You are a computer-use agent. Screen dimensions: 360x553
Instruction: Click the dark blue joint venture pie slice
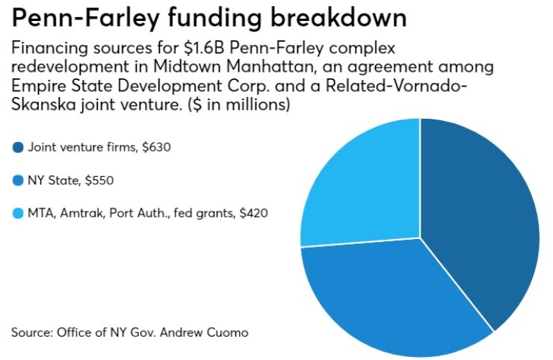tap(486, 217)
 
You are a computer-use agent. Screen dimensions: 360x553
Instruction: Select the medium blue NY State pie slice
tap(389, 299)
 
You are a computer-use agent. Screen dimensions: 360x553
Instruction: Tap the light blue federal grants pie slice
tap(359, 187)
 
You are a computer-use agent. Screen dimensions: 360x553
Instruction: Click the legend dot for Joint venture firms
tap(17, 147)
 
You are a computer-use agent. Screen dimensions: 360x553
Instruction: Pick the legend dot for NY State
tap(17, 180)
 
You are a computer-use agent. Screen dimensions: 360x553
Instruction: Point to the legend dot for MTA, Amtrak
tap(17, 214)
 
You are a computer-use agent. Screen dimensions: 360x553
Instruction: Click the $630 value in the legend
tap(157, 147)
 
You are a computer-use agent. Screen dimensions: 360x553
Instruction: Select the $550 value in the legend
tap(99, 180)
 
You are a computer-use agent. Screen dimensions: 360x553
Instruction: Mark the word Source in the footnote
tap(31, 331)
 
